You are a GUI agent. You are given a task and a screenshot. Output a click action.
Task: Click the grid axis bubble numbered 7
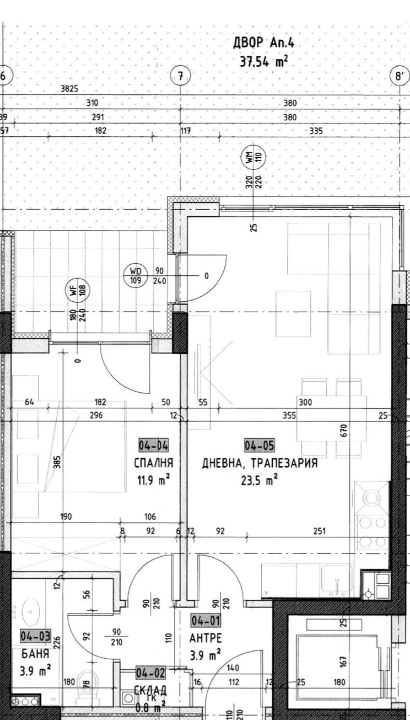pyautogui.click(x=181, y=76)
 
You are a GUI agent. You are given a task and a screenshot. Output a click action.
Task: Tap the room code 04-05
pyautogui.click(x=260, y=445)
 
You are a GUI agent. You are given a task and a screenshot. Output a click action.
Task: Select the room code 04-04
pyautogui.click(x=153, y=445)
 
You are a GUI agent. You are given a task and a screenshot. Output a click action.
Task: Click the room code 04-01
pyautogui.click(x=206, y=621)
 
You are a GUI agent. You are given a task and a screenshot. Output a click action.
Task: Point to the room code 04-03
pyautogui.click(x=35, y=636)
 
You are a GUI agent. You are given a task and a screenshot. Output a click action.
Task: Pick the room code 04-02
pyautogui.click(x=151, y=674)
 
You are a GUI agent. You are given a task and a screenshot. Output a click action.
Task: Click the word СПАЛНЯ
pyautogui.click(x=154, y=462)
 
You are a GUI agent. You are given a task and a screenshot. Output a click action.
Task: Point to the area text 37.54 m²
pyautogui.click(x=263, y=62)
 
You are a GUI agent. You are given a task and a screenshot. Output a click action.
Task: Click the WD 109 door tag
pyautogui.click(x=136, y=275)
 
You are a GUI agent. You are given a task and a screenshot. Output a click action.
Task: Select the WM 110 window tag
pyautogui.click(x=253, y=158)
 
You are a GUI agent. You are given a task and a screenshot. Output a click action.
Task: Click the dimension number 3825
pyautogui.click(x=69, y=88)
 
